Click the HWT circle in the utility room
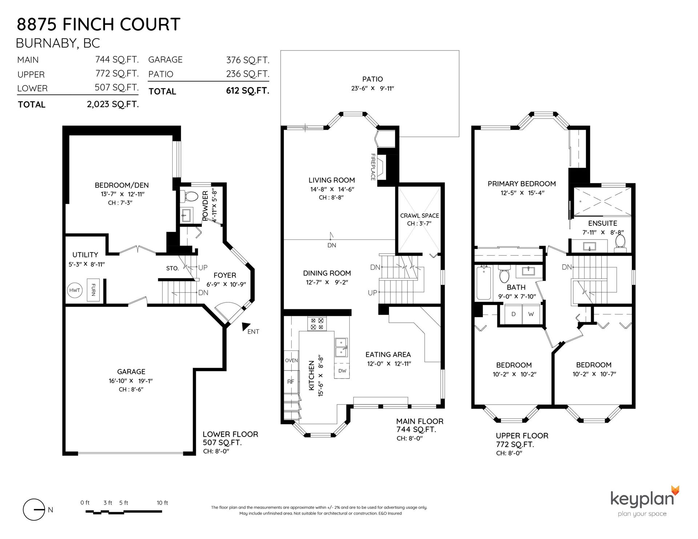tap(75, 290)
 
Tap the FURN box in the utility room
tap(93, 290)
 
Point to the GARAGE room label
tap(131, 371)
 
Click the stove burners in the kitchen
tap(317, 324)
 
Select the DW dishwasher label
tap(342, 371)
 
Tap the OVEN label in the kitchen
tap(291, 361)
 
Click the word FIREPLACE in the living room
tap(373, 167)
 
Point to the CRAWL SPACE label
tap(420, 216)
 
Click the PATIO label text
tap(373, 79)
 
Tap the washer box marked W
tap(531, 314)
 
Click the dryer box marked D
tap(513, 314)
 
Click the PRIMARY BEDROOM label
tap(522, 184)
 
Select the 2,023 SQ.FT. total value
tap(113, 105)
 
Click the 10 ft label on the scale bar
tap(163, 503)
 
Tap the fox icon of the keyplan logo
tap(675, 490)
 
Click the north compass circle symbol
tap(34, 510)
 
